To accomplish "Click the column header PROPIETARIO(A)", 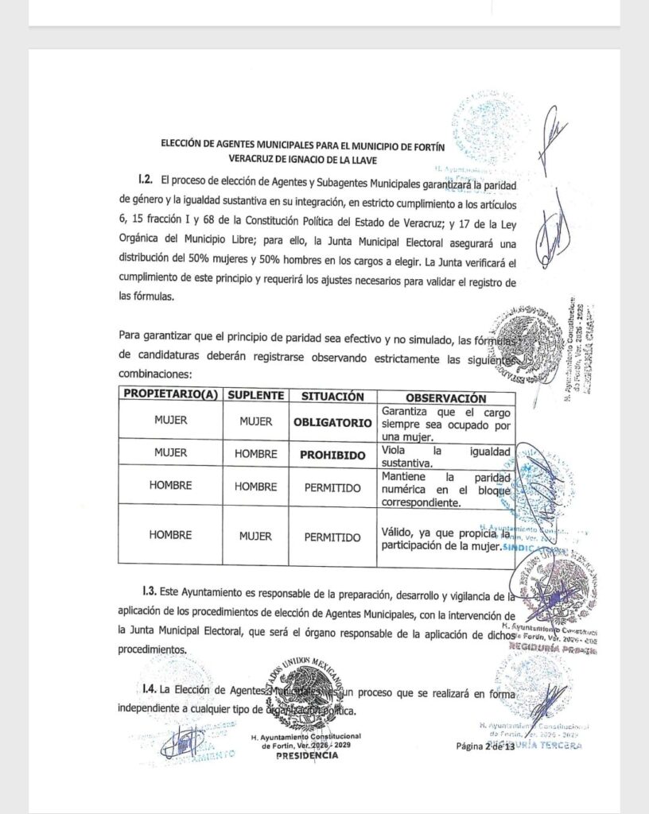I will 170,396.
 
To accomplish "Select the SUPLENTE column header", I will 256,396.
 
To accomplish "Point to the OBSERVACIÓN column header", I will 445,397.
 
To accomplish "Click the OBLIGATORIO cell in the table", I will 332,423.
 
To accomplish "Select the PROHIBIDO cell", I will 332,455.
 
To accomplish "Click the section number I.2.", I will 144,182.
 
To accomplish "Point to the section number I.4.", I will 144,688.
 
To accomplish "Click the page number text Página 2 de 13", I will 485,746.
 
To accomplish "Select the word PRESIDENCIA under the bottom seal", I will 306,756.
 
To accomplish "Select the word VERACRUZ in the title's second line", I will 240,159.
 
